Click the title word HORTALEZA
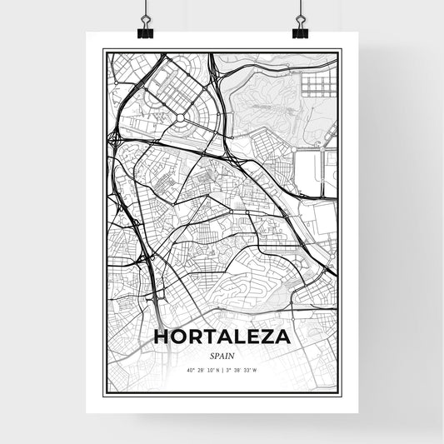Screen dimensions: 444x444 coord(222,337)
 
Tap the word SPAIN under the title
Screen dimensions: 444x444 coord(222,355)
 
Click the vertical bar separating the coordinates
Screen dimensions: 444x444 coord(222,370)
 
